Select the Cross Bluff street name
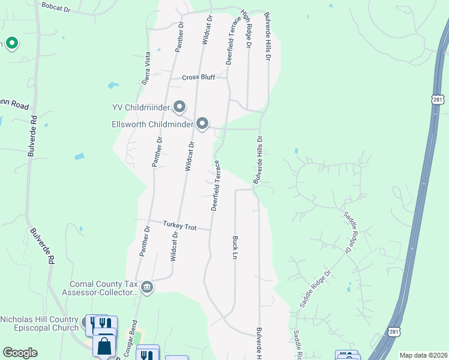click(198, 78)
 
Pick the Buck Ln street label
click(235, 247)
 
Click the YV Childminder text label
click(142, 108)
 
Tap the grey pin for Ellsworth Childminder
click(203, 124)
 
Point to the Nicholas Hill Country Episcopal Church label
click(40, 323)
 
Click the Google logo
click(20, 353)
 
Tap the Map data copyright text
click(424, 355)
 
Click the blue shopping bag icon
click(104, 346)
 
